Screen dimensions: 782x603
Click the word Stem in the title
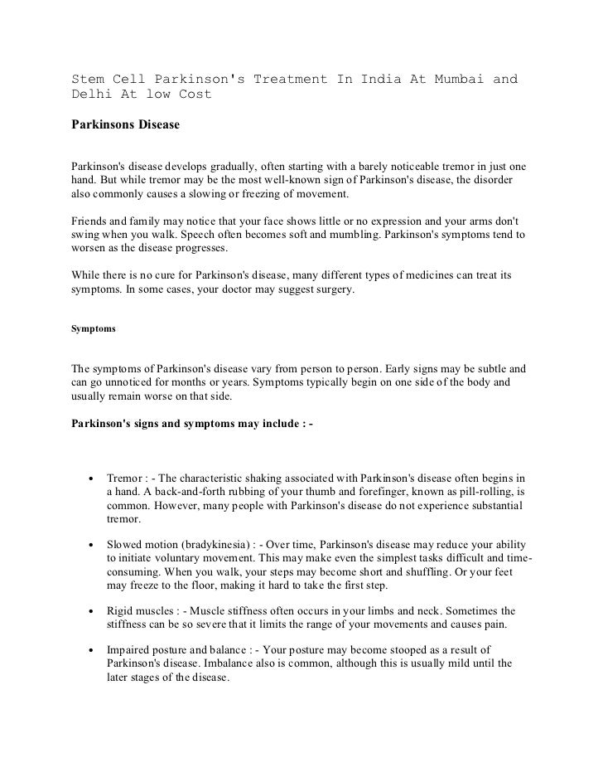[x=85, y=80]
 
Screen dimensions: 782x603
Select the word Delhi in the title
[x=89, y=95]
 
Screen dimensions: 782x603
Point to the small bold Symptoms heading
[x=92, y=328]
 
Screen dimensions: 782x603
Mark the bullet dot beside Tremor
[x=89, y=479]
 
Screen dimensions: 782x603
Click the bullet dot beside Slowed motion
[x=89, y=545]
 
